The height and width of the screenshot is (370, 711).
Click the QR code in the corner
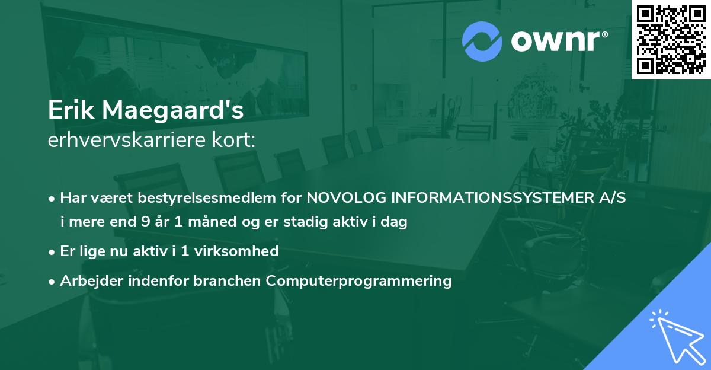coord(671,39)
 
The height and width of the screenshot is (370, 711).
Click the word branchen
coord(228,280)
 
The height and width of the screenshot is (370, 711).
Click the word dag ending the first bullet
coord(395,222)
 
